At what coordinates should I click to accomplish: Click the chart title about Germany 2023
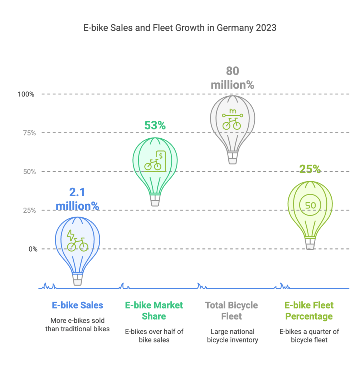[180, 28]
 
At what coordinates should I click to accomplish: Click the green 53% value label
[155, 125]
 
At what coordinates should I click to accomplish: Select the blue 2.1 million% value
[78, 199]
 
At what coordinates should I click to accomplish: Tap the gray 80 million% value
[232, 78]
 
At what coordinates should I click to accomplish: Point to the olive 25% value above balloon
[310, 169]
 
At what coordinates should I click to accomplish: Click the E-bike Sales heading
[78, 305]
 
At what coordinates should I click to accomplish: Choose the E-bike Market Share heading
[154, 311]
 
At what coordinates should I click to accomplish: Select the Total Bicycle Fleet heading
[232, 311]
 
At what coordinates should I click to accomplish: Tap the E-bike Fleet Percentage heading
[309, 311]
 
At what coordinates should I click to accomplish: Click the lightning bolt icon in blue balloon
[71, 235]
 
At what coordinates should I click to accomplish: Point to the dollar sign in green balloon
[161, 155]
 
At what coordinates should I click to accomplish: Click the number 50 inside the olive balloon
[310, 205]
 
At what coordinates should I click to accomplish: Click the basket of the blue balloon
[78, 279]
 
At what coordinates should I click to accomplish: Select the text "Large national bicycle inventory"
[232, 336]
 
